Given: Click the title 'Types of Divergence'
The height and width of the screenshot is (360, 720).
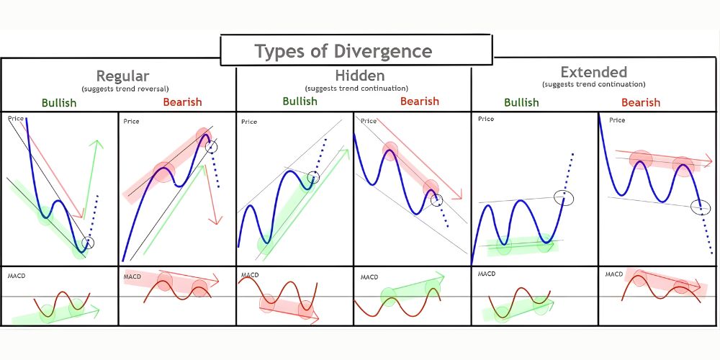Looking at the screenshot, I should coord(343,52).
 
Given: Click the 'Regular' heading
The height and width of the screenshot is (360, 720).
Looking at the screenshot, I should coord(122,76).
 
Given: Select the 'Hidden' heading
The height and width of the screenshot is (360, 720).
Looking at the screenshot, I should coord(359,75).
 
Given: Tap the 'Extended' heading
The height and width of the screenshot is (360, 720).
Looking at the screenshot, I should coord(593,72).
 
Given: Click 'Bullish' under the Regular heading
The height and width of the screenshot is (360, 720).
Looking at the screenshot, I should coord(59,102).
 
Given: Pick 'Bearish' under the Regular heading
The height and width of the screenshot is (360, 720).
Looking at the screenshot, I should coord(182,102).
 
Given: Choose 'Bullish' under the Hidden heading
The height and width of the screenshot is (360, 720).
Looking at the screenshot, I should coord(300,101).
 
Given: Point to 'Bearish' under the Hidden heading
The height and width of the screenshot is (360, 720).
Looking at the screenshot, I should coord(419,101).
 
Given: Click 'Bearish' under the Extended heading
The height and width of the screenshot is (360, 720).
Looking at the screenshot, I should coord(640,102).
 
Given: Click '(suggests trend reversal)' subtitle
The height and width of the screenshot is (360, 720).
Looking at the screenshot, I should coord(122,88).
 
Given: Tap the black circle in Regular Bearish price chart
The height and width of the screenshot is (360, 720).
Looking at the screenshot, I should coord(211,147).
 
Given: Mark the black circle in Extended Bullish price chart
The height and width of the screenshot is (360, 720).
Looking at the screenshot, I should coord(564,196).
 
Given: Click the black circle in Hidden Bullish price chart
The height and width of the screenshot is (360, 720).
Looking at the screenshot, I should coord(313,177).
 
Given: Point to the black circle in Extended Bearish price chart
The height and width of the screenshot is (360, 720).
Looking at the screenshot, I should coord(700,207).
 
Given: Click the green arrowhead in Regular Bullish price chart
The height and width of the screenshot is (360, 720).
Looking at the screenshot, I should coord(94,144).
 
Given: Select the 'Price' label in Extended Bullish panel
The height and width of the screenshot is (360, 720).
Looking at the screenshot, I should coord(486,119).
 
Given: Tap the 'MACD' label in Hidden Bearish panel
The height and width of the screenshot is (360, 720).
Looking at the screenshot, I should coord(369,276).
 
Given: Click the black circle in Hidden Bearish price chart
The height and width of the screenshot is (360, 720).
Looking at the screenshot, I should coord(437,200).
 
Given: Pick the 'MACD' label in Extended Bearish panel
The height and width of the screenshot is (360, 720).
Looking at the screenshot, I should coord(613,274).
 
